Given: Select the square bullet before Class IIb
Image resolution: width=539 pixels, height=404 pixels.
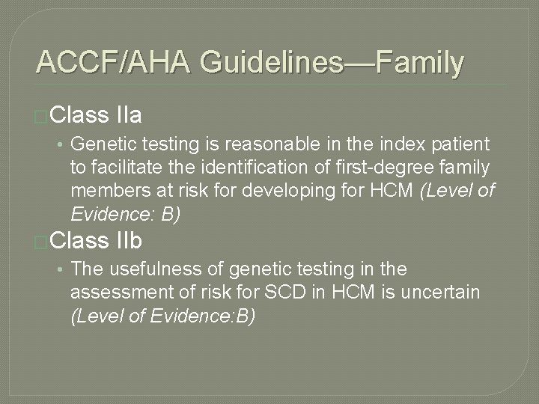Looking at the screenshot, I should click(x=43, y=242).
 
